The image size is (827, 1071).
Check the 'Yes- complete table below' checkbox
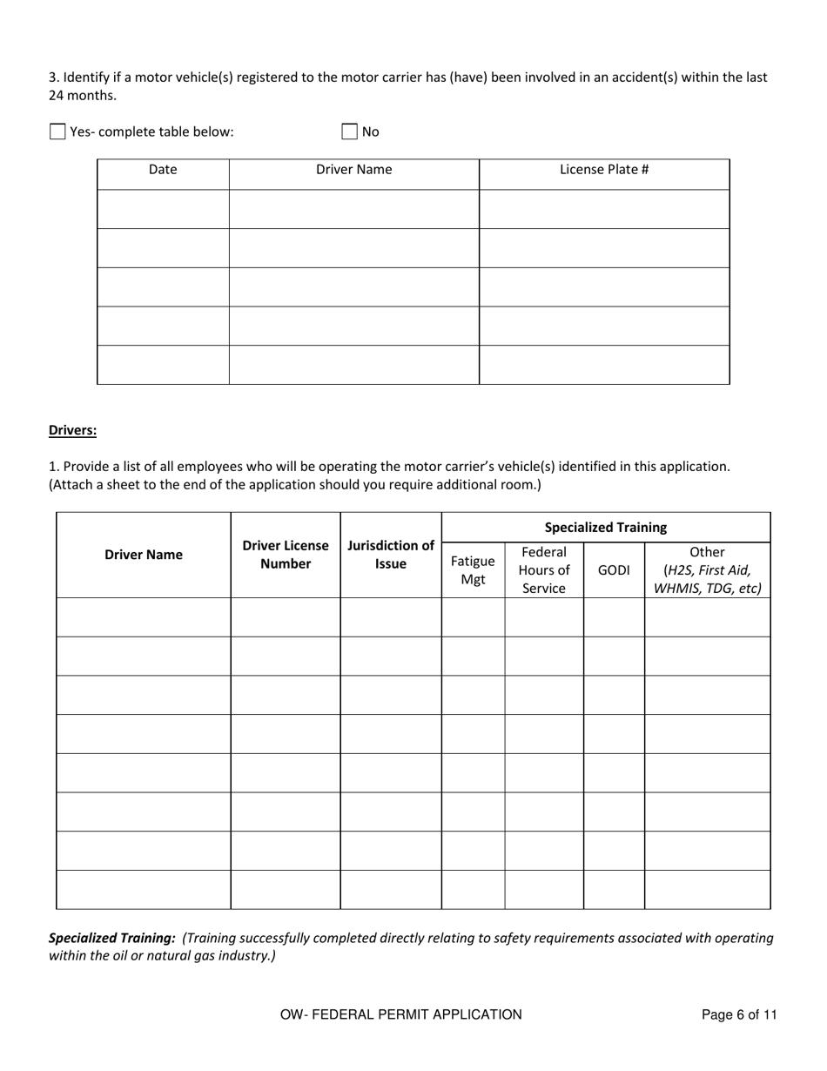point(57,132)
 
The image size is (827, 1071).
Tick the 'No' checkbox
point(349,132)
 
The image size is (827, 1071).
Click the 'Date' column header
point(163,170)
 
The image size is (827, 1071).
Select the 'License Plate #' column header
point(604,170)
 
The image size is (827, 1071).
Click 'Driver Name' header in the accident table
point(353,170)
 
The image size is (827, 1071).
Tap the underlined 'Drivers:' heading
point(72,430)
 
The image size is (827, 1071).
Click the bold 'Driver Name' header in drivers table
point(144,555)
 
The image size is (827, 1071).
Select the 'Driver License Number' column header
point(286,555)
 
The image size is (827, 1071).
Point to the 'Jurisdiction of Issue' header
point(391,555)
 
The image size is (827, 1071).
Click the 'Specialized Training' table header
point(606,527)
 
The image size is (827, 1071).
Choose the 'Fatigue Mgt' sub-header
point(473,569)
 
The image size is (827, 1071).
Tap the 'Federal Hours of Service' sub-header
point(544,569)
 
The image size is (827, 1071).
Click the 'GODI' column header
point(614,570)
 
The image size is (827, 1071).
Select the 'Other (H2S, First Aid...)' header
point(707,569)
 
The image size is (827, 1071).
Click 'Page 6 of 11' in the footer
point(739,1014)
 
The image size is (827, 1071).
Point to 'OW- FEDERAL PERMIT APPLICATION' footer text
point(401,1014)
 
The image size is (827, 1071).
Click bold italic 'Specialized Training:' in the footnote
point(111,938)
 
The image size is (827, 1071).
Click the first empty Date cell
point(163,209)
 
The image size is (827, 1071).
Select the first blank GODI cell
point(614,617)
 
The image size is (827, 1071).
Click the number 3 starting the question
point(52,77)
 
